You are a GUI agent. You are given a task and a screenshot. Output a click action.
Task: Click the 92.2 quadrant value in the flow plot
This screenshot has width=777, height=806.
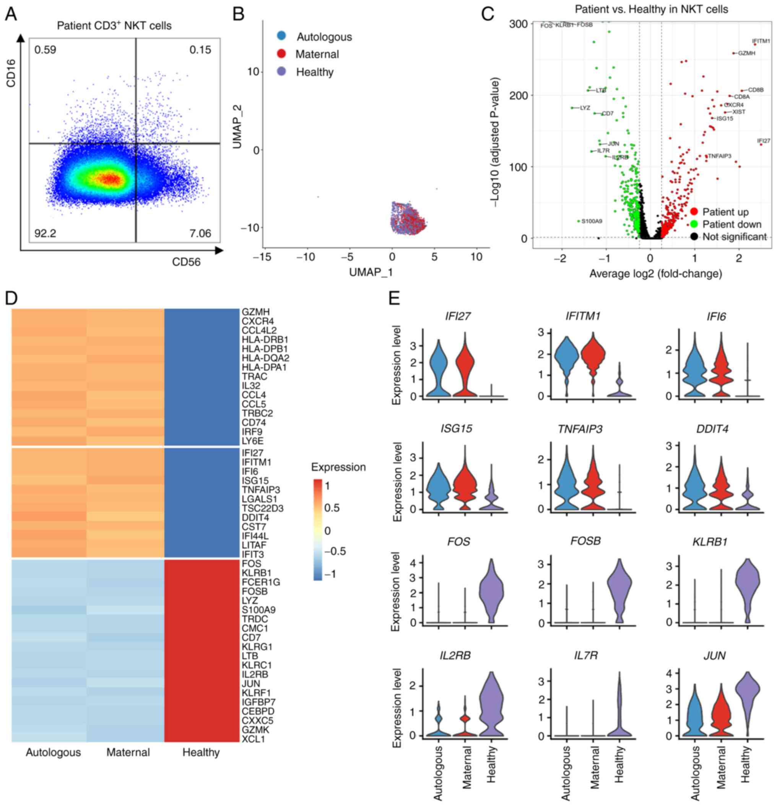(x=45, y=234)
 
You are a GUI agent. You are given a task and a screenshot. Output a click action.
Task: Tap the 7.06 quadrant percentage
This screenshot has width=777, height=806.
(x=200, y=234)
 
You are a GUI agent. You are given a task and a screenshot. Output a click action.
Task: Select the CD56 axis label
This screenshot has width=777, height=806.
(x=186, y=262)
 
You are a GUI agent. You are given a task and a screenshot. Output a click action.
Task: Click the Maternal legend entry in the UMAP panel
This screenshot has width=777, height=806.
(x=317, y=54)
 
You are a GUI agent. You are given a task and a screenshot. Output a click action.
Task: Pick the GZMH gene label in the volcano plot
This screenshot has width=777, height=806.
(x=746, y=53)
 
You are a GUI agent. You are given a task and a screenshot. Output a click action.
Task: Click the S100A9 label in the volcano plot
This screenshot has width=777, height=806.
(x=592, y=221)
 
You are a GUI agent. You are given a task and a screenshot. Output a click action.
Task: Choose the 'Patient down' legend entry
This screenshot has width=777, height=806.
(x=732, y=224)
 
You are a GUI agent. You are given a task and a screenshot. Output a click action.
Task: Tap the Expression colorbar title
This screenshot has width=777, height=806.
(x=338, y=468)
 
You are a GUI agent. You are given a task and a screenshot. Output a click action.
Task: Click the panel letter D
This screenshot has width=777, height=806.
(x=11, y=298)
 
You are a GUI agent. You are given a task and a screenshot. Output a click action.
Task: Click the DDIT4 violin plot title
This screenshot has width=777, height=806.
(x=714, y=429)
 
